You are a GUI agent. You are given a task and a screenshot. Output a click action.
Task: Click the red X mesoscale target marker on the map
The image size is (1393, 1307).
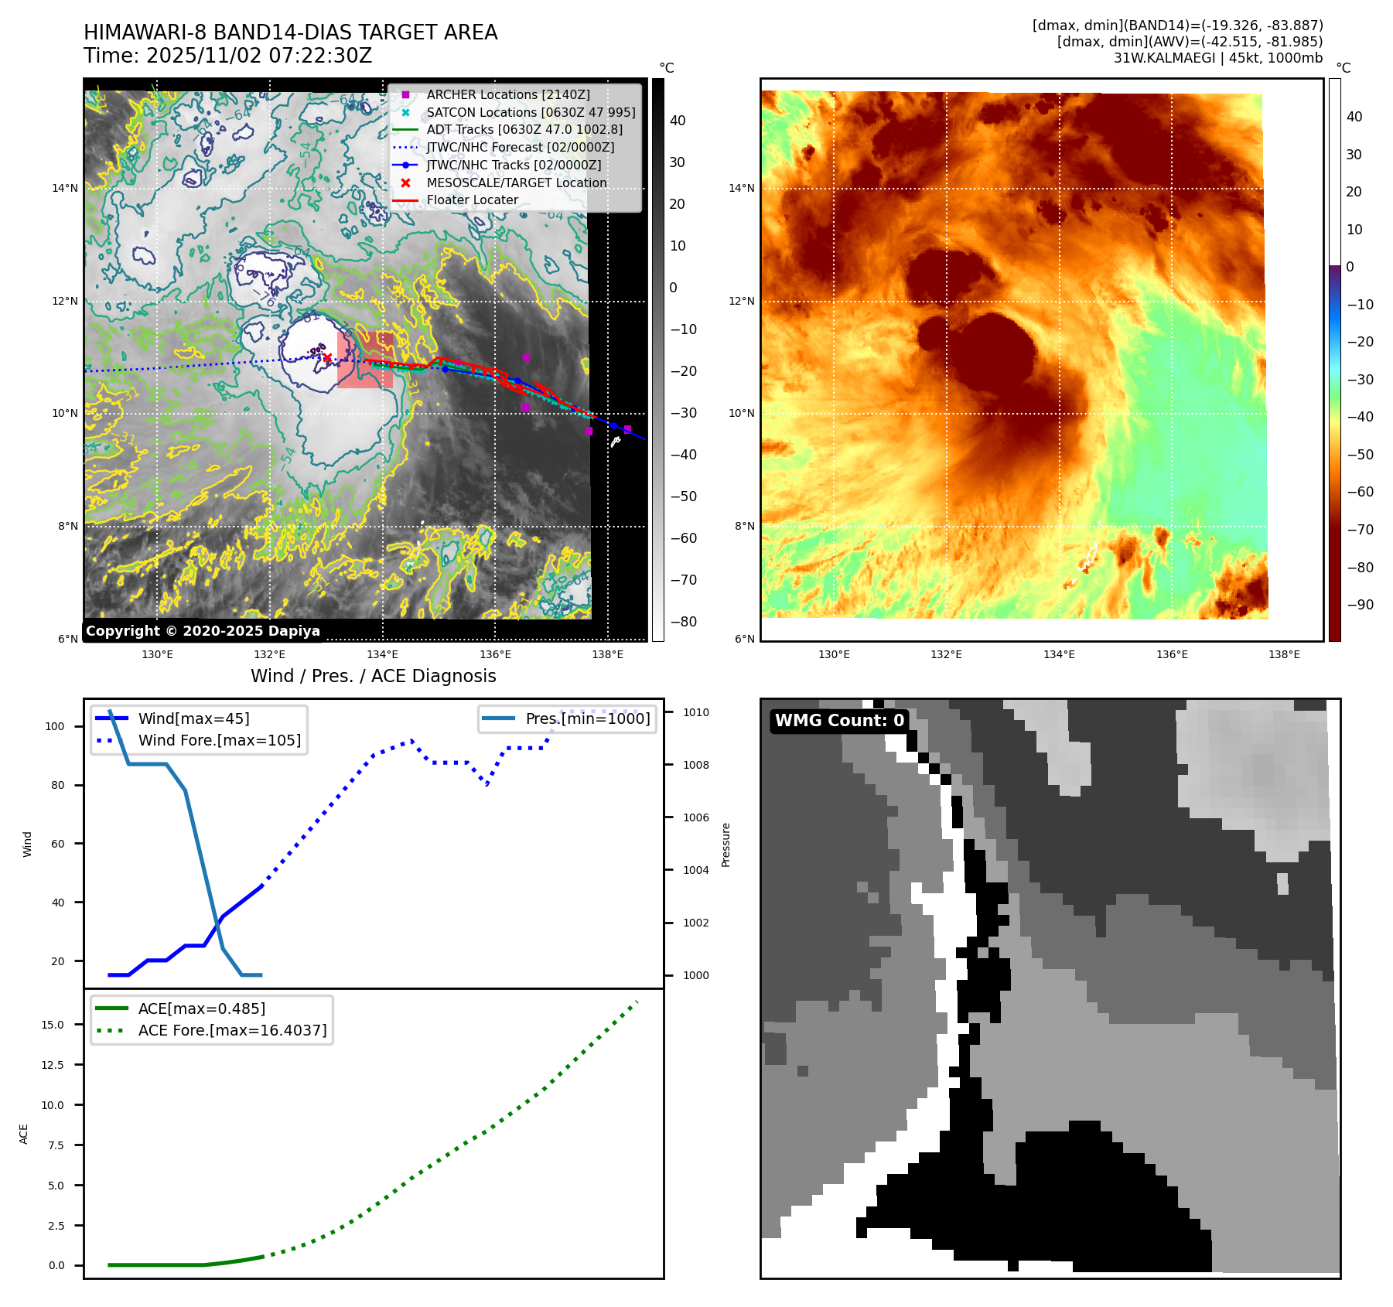click(327, 357)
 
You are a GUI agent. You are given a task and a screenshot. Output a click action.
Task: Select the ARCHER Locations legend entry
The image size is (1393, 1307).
click(507, 94)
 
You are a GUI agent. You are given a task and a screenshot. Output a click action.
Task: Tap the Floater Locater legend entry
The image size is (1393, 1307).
click(472, 200)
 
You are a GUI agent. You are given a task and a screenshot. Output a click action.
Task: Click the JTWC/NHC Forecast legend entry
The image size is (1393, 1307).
click(520, 147)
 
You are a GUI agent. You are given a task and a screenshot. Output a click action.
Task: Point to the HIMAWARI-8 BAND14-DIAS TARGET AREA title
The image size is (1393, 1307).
click(290, 32)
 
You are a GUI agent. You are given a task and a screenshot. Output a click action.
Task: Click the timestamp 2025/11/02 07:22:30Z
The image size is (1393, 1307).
click(259, 56)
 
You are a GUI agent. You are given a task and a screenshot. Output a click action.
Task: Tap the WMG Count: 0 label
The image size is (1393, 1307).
click(839, 721)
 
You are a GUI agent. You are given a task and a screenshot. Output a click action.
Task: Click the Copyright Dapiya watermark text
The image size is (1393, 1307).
click(203, 631)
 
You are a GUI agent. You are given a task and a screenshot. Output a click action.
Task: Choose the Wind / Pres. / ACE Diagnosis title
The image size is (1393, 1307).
click(373, 676)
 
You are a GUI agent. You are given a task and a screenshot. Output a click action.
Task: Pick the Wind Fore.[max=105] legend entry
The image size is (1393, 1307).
click(219, 740)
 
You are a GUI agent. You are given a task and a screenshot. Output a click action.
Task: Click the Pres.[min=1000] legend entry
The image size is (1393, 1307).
click(587, 718)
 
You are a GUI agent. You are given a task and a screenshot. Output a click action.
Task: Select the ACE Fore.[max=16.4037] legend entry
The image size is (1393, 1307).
click(232, 1030)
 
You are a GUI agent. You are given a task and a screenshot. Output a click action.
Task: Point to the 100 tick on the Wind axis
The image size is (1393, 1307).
click(55, 726)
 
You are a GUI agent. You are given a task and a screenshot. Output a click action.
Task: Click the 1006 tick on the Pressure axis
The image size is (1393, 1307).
click(695, 817)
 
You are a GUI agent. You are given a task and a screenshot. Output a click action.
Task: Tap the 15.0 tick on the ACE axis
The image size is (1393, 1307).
click(53, 1025)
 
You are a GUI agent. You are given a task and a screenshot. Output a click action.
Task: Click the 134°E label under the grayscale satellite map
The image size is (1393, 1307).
click(382, 654)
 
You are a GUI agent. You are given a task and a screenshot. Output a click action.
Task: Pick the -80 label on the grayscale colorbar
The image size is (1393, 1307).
click(683, 622)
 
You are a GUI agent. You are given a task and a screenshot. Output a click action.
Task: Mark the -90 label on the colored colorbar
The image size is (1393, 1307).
click(1360, 605)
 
